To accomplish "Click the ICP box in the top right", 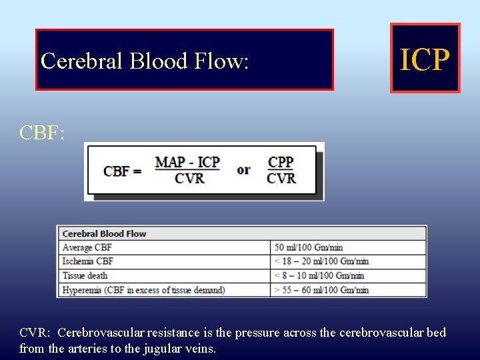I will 425,59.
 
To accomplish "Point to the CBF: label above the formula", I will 42,133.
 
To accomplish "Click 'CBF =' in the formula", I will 123,171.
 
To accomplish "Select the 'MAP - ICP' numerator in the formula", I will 187,162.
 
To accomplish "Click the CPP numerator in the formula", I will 281,162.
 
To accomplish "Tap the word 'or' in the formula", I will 244,169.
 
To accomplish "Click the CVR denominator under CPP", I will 281,178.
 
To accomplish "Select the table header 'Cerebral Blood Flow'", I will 104,233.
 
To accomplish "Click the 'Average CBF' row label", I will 87,247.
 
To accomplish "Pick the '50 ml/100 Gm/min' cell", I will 309,247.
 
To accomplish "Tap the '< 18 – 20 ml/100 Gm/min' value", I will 321,261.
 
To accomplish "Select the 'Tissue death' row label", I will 85,275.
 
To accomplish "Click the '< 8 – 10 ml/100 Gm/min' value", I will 319,275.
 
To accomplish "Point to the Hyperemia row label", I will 143,289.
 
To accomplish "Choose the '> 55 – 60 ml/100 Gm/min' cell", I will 321,289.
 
